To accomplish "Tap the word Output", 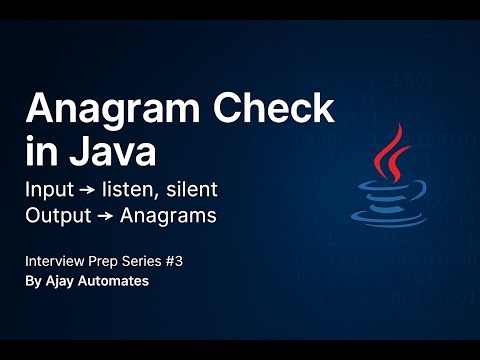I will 59,216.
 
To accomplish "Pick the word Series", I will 146,261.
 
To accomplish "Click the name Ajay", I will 64,282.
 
